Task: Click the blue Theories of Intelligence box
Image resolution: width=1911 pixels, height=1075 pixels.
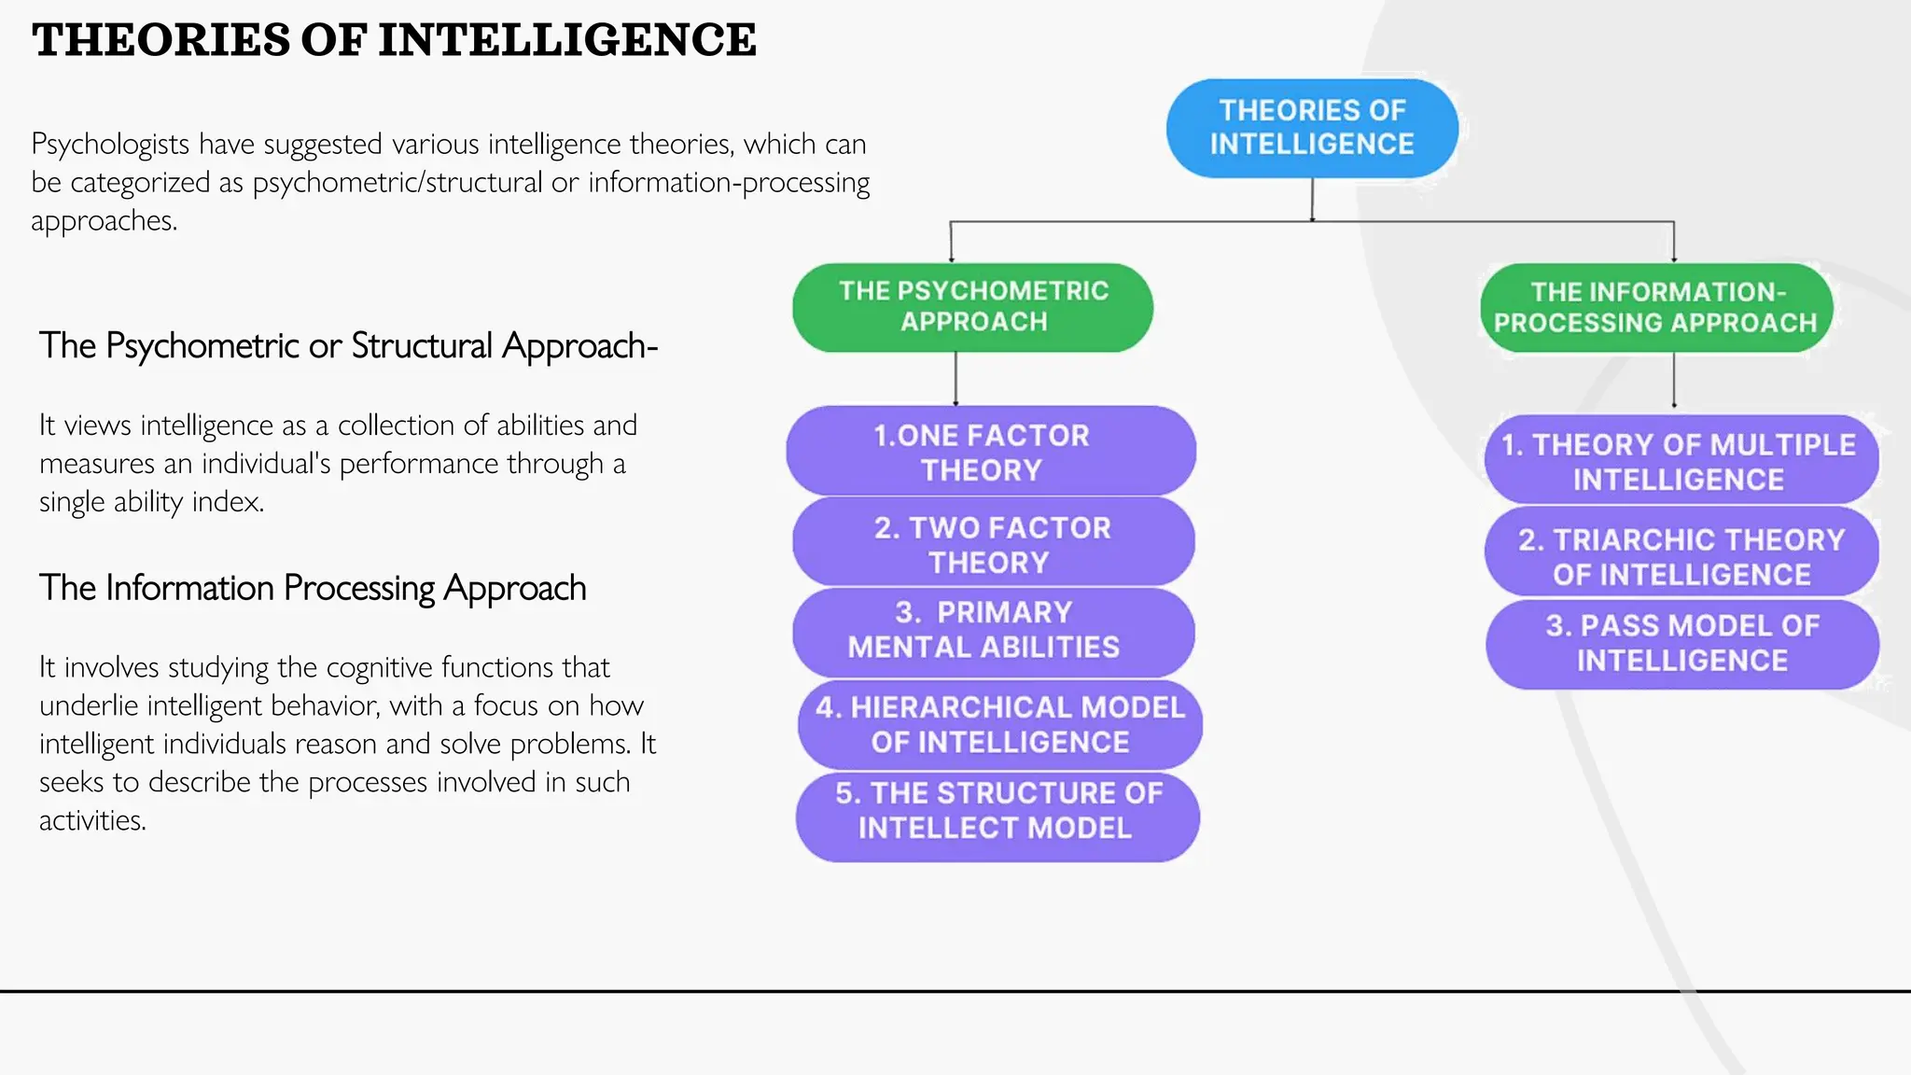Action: coord(1312,128)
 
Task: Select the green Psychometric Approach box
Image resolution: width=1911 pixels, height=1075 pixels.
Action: coord(972,307)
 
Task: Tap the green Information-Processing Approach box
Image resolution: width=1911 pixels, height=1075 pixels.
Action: coord(1656,308)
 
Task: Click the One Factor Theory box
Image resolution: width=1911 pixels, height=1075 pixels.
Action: coord(989,452)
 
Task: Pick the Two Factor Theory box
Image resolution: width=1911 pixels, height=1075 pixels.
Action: coord(993,544)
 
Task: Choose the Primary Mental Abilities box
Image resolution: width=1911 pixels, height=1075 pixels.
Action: coord(993,631)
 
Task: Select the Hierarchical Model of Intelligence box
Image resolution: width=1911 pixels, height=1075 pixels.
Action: coord(999,724)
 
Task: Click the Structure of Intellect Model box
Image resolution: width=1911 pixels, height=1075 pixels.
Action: coord(997,811)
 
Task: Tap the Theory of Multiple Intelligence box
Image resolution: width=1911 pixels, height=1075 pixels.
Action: coord(1681,461)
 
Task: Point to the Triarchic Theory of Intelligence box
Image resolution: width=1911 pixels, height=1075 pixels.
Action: coord(1681,556)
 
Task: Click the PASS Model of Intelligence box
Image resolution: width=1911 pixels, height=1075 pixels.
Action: coord(1681,643)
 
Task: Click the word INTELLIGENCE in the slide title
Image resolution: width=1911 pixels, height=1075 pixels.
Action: coord(567,40)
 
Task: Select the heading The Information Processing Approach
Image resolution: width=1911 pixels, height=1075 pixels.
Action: coord(313,589)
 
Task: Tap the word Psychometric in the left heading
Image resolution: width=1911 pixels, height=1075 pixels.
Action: coord(203,346)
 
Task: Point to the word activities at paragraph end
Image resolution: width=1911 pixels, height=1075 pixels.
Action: coord(91,821)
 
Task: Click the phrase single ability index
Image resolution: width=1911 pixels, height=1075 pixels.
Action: coord(151,502)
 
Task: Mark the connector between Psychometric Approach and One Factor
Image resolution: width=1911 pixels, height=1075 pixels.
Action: coord(955,378)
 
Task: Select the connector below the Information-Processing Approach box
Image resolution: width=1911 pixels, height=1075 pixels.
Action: coord(1674,381)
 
